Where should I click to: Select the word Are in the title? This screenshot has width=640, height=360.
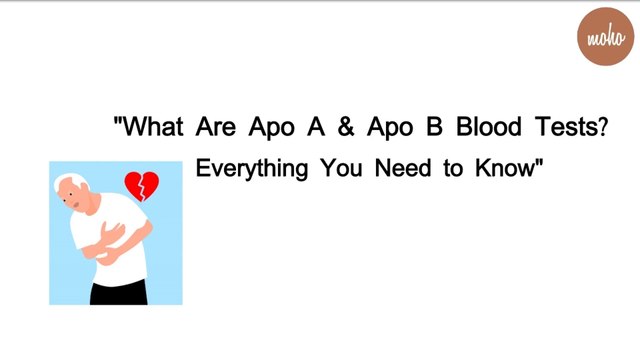coord(217,129)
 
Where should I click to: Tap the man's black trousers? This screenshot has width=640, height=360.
coord(120,292)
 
